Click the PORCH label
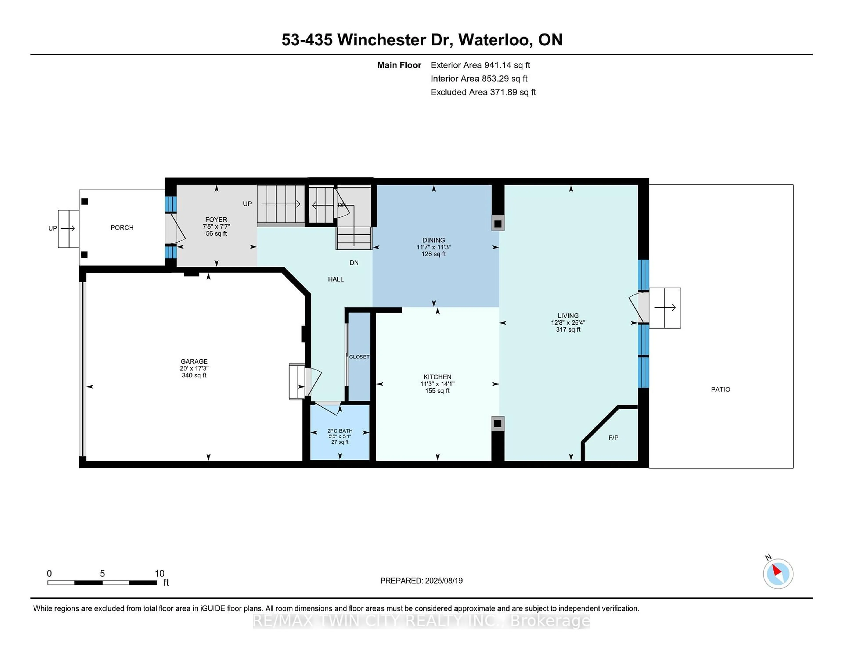(x=122, y=227)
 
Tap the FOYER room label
(x=216, y=219)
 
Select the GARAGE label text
(x=194, y=361)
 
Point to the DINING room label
(x=434, y=240)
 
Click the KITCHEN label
(x=437, y=377)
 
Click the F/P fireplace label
(x=613, y=438)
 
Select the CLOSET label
(x=359, y=357)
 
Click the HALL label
(x=336, y=279)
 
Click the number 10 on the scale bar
(x=159, y=574)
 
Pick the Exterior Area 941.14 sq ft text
(x=481, y=65)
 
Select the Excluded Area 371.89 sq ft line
(x=483, y=92)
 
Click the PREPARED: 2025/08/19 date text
(x=421, y=581)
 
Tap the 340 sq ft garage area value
(x=194, y=375)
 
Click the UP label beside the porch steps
(x=52, y=228)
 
